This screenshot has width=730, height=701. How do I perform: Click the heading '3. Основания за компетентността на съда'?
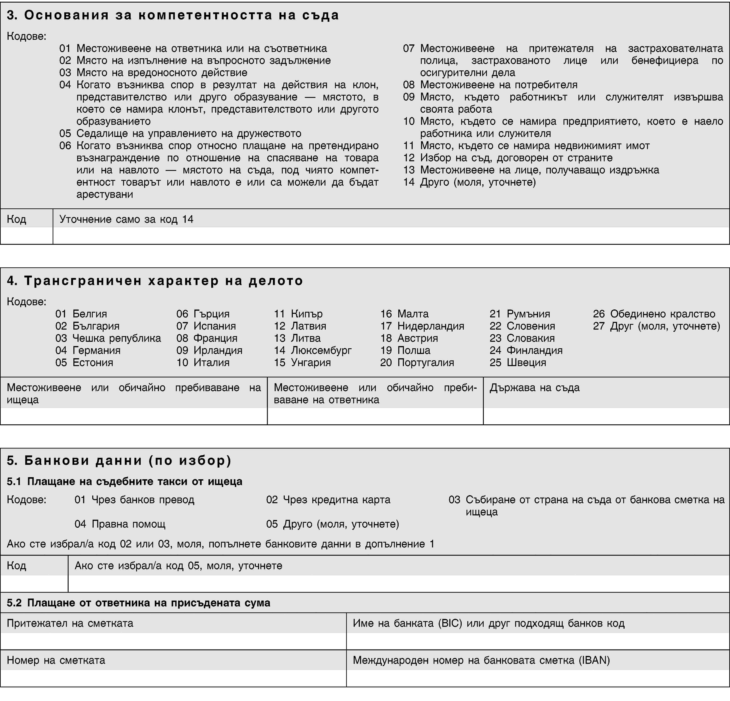point(173,15)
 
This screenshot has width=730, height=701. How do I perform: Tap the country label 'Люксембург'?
point(321,350)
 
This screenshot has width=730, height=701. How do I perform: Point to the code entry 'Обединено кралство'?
point(662,314)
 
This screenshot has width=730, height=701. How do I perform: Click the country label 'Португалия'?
point(426,363)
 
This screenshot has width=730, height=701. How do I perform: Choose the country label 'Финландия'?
point(534,350)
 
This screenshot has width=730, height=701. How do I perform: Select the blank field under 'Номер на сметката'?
point(173,678)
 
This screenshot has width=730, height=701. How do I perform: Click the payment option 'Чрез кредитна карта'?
point(336,500)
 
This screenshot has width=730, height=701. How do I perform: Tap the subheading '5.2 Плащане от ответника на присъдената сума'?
point(139,603)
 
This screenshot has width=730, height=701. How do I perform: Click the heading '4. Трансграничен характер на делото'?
point(155,281)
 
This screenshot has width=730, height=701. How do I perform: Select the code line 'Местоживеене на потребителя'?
point(499,85)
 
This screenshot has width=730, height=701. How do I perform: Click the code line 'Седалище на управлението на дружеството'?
point(189,133)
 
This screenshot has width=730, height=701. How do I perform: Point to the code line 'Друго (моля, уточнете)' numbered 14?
point(478,182)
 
